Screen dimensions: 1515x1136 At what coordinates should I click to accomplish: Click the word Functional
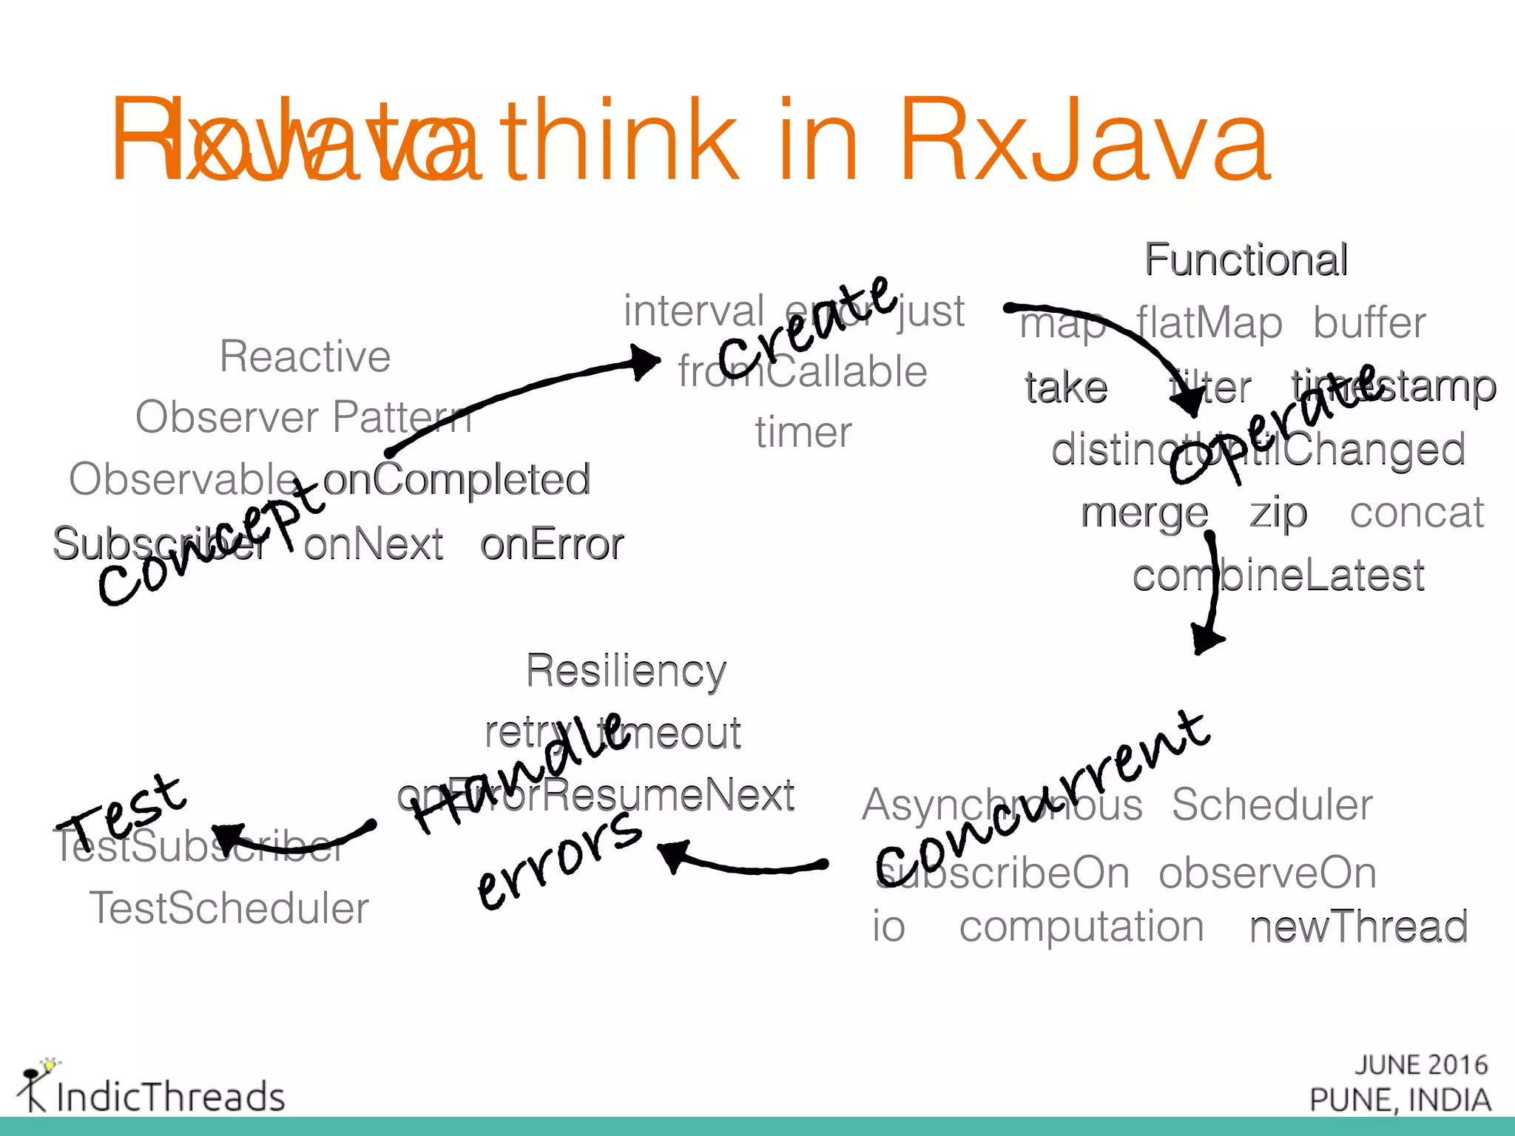[1246, 260]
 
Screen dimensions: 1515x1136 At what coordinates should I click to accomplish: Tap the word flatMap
[1209, 323]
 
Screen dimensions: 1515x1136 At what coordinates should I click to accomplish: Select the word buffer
[1369, 323]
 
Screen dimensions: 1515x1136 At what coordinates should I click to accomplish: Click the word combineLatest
[1278, 575]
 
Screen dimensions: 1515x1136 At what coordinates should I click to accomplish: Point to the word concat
[1417, 513]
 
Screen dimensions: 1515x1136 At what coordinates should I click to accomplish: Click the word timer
[803, 433]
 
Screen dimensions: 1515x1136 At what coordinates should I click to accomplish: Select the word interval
[694, 311]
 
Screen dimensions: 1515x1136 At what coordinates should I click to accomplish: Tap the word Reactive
[305, 356]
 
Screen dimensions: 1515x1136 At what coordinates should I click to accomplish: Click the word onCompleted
[456, 479]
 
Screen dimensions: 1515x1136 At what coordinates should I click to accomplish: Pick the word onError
[552, 544]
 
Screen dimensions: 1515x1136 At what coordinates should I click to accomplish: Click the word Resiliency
[626, 671]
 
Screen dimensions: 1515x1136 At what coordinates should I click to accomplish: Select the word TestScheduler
[229, 908]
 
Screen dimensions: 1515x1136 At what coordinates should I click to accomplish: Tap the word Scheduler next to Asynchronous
[1272, 805]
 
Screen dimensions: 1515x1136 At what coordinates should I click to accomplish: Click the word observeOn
[1267, 873]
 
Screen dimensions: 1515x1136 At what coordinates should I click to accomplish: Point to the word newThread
[1358, 927]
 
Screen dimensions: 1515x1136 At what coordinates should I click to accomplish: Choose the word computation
[1082, 927]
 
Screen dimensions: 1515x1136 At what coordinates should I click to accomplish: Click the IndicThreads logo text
[170, 1096]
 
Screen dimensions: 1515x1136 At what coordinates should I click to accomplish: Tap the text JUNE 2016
[1420, 1065]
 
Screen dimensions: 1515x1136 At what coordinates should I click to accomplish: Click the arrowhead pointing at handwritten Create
[645, 362]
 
